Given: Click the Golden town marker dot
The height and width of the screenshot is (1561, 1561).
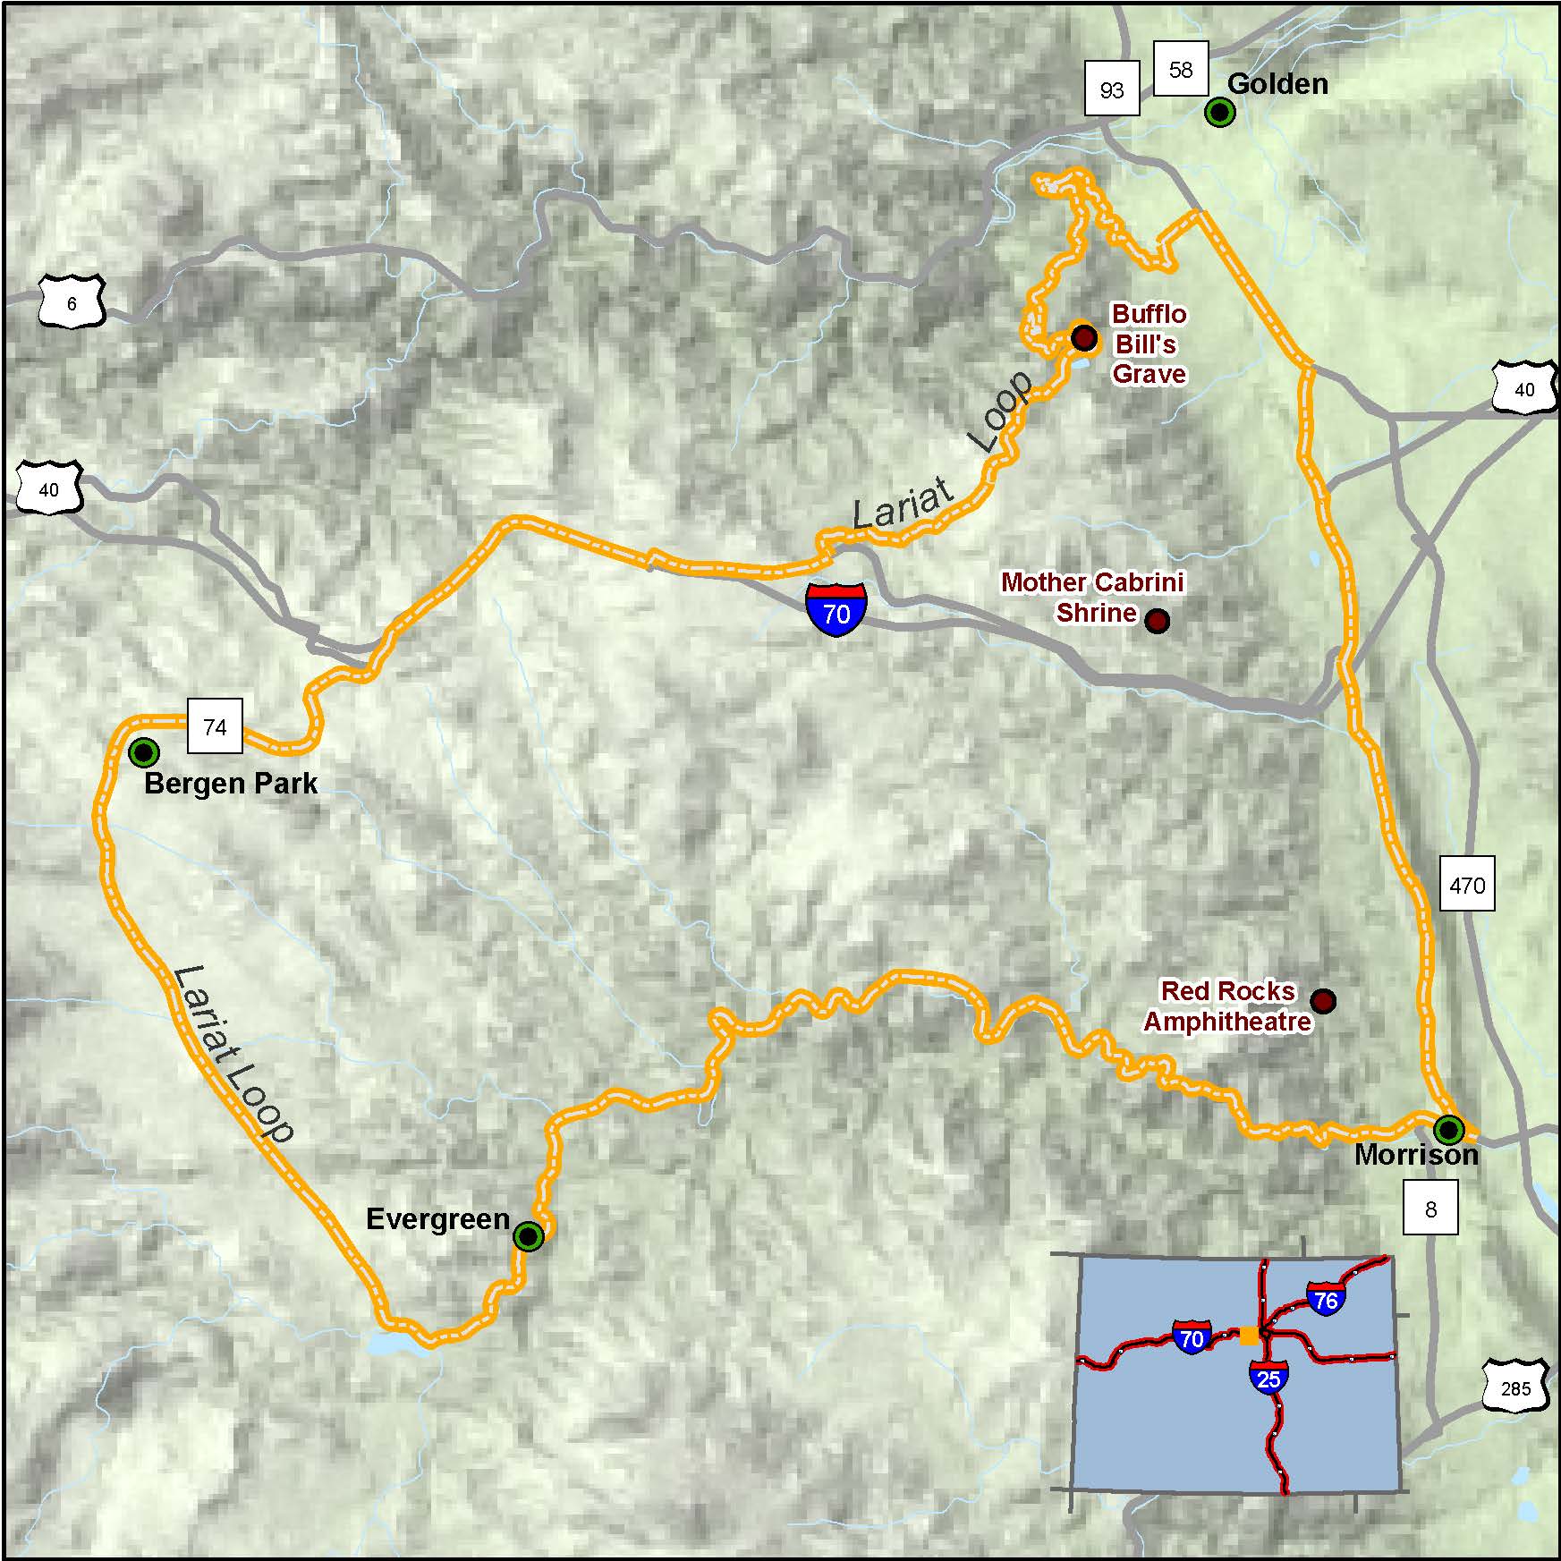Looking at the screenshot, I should point(1219,112).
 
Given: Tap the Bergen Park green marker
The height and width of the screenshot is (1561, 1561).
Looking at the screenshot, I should point(143,752).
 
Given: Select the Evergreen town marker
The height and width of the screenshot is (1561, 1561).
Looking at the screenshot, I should point(529,1236).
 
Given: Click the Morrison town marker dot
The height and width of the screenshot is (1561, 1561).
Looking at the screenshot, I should point(1448,1130).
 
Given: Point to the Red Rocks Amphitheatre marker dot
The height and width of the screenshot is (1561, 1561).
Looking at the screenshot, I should point(1323,1000).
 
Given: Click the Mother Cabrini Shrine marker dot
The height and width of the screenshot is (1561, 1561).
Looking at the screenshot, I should point(1157,621).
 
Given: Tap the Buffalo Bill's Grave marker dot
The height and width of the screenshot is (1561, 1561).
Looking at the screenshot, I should point(1084,337).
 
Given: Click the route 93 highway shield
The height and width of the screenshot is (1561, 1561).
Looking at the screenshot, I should point(1112,89).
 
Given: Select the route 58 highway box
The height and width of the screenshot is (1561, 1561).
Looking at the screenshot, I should point(1181,69).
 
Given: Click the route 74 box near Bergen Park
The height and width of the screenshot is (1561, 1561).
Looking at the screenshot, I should point(215,726).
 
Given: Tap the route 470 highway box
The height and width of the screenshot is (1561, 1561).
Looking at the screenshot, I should point(1467,885).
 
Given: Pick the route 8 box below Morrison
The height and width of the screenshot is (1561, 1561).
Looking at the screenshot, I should point(1430,1209).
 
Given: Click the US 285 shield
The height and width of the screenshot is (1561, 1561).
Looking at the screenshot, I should point(1515,1388).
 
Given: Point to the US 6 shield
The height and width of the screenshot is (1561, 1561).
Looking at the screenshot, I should point(72,303).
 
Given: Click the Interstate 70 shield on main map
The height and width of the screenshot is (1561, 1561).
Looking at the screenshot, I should point(836,609).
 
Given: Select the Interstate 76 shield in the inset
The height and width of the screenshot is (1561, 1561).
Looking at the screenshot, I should point(1326,1299).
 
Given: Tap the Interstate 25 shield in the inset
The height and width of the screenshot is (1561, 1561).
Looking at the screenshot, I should point(1268,1379).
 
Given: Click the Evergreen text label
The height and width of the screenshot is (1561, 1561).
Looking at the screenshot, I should point(437,1219).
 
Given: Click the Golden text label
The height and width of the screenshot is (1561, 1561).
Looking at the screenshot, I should point(1277,84).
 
